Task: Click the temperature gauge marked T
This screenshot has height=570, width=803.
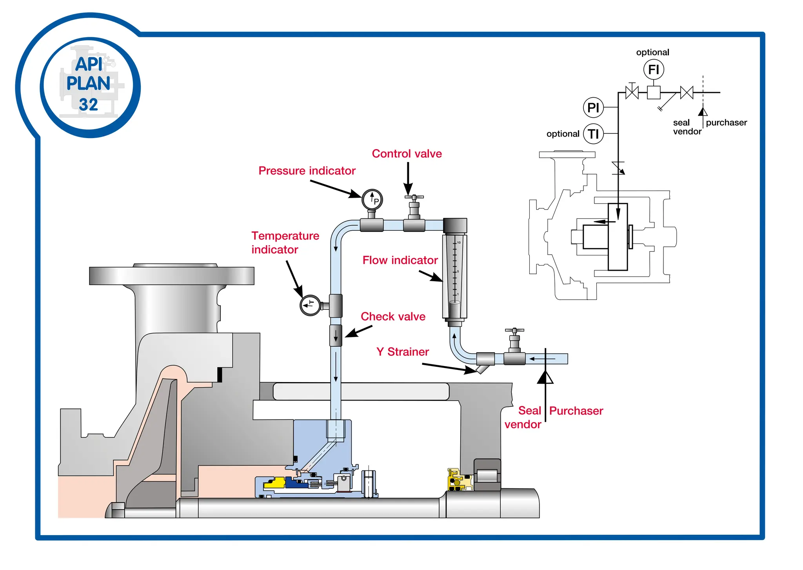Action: (310, 305)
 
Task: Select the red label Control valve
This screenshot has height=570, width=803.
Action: (407, 153)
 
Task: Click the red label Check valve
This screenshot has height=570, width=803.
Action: (393, 316)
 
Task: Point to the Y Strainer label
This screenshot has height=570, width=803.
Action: (402, 351)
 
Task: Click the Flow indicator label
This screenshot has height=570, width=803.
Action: (400, 260)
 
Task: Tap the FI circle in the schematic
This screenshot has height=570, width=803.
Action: (653, 70)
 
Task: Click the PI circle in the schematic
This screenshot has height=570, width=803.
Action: (593, 107)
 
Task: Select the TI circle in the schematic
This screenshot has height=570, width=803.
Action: (593, 134)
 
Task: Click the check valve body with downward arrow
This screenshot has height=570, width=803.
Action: (336, 335)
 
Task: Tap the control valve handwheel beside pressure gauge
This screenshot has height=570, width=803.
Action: (414, 197)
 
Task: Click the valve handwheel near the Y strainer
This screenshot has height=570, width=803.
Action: (514, 331)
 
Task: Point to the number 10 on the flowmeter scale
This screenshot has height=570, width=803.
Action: (459, 243)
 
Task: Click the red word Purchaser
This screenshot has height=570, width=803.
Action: (576, 411)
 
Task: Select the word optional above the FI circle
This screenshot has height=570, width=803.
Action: (652, 52)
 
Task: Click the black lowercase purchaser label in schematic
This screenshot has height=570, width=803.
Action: (726, 122)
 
